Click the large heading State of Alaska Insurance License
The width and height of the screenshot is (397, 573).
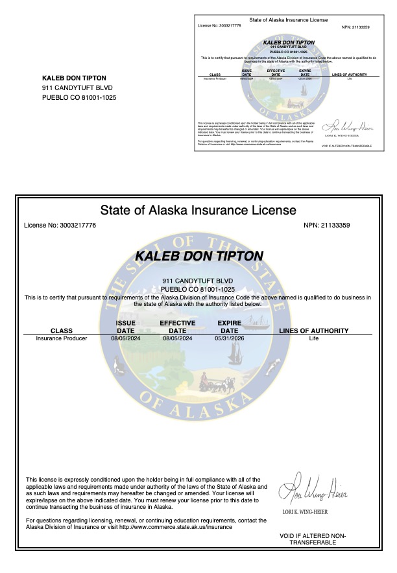coord(198,210)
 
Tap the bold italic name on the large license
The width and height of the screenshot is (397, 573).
coord(198,255)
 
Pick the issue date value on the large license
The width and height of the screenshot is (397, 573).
coord(125,338)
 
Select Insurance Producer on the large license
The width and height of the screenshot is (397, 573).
coord(62,338)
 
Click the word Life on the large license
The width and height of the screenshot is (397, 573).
coord(314,338)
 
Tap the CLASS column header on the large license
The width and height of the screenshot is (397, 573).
coord(62,331)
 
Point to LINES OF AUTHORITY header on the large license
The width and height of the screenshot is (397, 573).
coord(314,331)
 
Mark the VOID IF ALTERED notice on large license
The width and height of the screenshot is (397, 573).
coord(313,539)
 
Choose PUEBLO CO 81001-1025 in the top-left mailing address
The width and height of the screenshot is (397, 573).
coord(79,97)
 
